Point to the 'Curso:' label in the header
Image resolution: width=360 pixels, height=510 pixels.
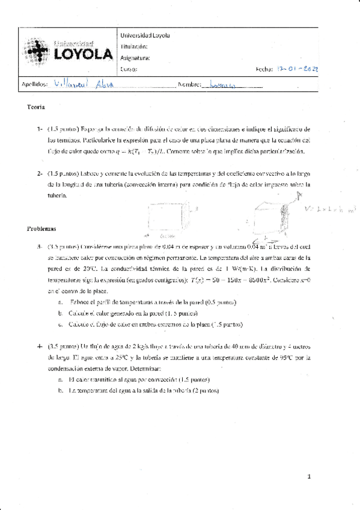coord(130,70)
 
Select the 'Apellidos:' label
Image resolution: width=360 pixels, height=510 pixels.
coord(35,85)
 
